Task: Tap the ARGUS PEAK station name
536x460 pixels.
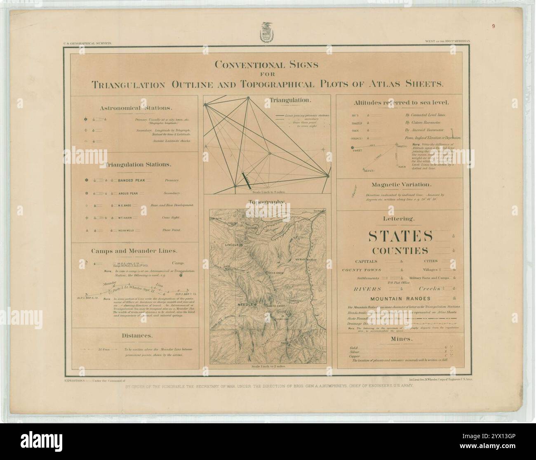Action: (x=130, y=193)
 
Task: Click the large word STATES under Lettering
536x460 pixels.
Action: (x=400, y=236)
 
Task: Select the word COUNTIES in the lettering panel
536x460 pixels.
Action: (x=400, y=250)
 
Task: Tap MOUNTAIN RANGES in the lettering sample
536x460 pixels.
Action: (x=400, y=298)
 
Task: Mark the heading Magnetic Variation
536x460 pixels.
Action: (x=401, y=185)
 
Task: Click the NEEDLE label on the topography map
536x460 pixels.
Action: (x=245, y=304)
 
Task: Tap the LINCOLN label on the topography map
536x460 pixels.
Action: (x=232, y=245)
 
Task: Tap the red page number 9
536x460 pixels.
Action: (x=493, y=26)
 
